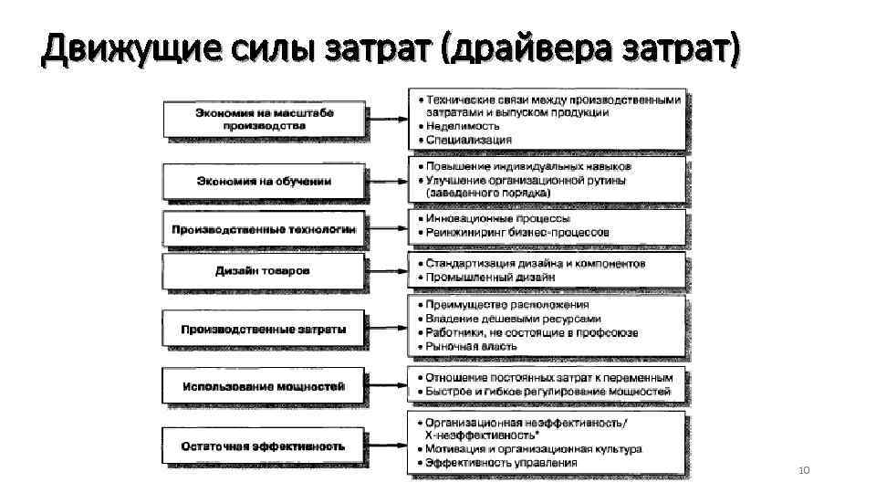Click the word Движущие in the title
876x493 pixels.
(101, 48)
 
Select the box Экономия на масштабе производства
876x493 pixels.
(264, 119)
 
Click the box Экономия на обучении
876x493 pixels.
(264, 181)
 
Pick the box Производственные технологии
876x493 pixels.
(264, 229)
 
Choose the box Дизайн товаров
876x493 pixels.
(264, 271)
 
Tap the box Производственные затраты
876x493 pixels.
(264, 329)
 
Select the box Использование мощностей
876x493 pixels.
(264, 386)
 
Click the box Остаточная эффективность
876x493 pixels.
(264, 446)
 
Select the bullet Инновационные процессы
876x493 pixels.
(497, 219)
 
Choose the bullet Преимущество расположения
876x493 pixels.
(506, 305)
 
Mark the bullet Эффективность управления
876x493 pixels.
(501, 462)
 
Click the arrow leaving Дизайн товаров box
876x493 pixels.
(387, 271)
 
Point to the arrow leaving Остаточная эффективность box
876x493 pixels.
(387, 446)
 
